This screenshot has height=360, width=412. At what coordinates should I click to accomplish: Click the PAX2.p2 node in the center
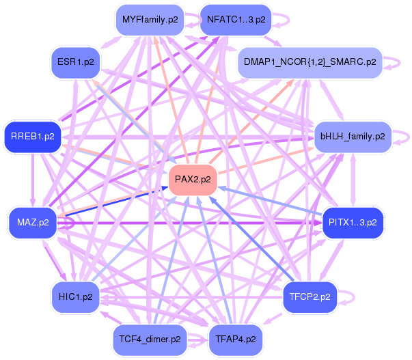coord(193,180)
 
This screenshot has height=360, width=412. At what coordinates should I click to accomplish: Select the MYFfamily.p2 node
coord(150,20)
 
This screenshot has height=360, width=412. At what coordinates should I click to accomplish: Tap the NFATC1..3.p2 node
coord(236,20)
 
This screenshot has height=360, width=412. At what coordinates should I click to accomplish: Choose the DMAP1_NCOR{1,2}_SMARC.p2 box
coord(309,62)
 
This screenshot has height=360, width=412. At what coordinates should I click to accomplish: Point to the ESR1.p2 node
coord(76,62)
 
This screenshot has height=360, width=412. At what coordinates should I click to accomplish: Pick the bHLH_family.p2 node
coord(352,136)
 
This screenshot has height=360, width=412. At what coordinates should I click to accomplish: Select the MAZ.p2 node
coord(32,223)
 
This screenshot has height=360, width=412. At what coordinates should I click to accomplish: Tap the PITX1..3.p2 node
coord(352,223)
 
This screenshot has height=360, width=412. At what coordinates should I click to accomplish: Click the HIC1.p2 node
coord(76,296)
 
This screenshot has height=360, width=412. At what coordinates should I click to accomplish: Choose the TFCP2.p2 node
coord(310,296)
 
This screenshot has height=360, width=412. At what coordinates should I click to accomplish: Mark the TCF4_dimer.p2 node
coord(150,339)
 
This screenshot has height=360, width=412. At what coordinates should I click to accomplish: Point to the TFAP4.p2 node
coord(236,339)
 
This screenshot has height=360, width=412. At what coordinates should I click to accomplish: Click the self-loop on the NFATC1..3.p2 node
coord(281,20)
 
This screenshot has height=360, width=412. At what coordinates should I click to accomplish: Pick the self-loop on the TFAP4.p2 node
coord(273,339)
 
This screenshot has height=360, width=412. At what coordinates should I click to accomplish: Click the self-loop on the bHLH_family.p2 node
coord(400,136)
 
